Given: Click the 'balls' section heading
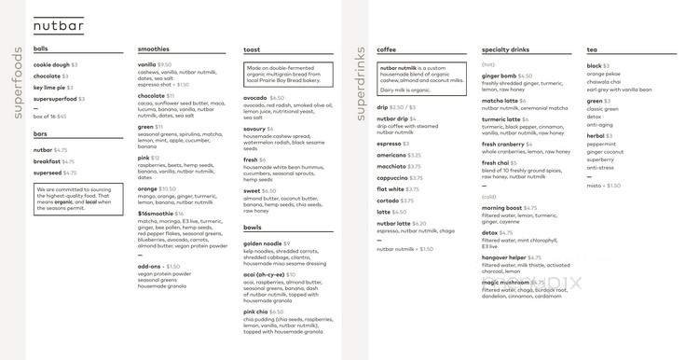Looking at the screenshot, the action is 41,48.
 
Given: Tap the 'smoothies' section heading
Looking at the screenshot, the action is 153,48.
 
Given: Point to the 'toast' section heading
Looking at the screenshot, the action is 252,48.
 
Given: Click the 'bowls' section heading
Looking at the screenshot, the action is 253,228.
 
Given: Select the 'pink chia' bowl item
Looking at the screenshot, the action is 260,312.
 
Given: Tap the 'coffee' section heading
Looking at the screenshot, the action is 387,48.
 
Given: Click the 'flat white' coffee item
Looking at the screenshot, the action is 391,189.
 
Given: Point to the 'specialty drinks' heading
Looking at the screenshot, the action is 506,48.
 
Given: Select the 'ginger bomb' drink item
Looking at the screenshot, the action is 499,76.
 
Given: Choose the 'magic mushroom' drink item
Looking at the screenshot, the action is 504,282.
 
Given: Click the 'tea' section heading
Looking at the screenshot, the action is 592,48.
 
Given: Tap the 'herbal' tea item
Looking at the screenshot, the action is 596,136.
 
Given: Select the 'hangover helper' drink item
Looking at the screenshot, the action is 504,256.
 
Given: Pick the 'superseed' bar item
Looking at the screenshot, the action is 48,173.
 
